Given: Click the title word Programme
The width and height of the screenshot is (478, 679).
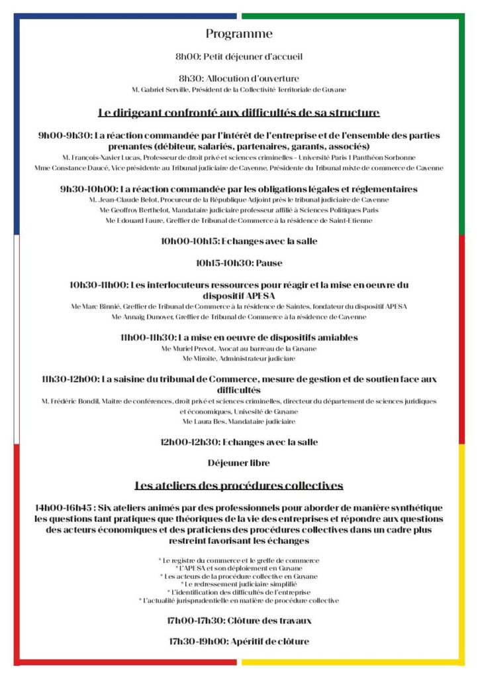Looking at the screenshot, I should pyautogui.click(x=238, y=34).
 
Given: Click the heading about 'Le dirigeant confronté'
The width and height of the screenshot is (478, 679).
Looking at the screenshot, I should pyautogui.click(x=238, y=112).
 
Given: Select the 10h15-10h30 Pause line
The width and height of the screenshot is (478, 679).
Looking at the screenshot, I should pyautogui.click(x=239, y=263).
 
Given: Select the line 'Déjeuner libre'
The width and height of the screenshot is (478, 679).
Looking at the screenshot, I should pyautogui.click(x=238, y=463).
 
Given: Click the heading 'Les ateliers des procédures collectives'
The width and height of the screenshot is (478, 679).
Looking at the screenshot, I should pyautogui.click(x=238, y=485).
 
